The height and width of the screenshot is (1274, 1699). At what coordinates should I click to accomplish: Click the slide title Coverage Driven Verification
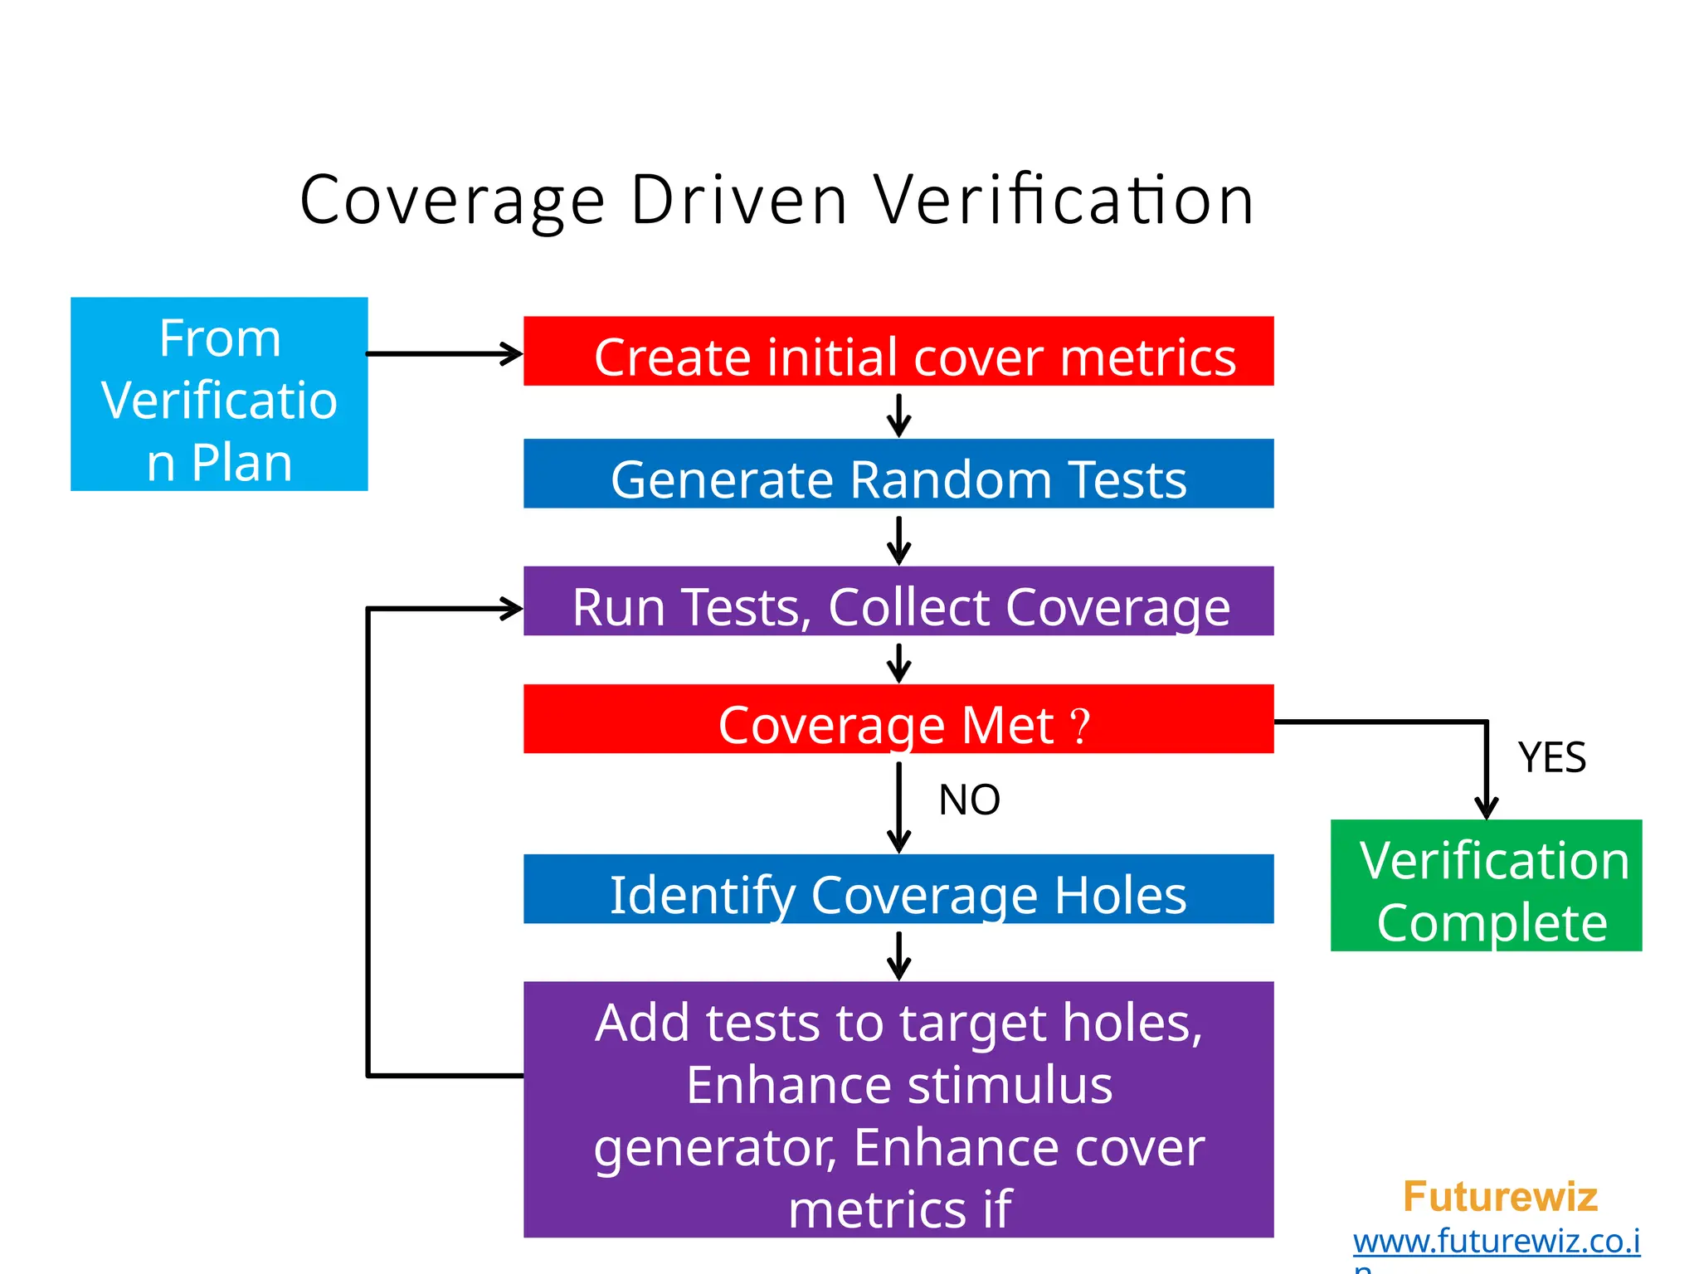[x=776, y=200]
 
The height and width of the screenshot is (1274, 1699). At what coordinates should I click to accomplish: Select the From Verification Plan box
[x=219, y=394]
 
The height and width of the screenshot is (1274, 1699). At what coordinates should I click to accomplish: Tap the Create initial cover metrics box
[x=898, y=351]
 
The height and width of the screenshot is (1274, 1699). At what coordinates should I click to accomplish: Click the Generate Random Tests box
[x=898, y=474]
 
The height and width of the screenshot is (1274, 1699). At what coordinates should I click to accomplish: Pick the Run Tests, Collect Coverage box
[x=898, y=601]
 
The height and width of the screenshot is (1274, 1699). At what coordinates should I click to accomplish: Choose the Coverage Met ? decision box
[x=898, y=719]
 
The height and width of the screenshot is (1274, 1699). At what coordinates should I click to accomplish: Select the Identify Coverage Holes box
[x=898, y=889]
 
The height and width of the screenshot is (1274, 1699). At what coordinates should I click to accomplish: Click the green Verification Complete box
[x=1486, y=886]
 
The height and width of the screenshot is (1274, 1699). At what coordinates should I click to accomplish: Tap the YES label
[x=1551, y=757]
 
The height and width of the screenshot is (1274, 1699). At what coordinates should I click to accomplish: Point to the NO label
[x=969, y=800]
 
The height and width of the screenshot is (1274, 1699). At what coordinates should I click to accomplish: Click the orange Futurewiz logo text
[x=1500, y=1197]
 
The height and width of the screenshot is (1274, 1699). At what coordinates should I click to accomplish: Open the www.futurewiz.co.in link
[x=1497, y=1242]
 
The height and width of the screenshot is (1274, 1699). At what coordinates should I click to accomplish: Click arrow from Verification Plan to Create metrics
[x=444, y=354]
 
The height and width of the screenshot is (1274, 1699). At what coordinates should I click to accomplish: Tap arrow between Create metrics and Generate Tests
[x=898, y=415]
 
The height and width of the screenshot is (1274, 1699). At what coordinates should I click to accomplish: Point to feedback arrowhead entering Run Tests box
[x=510, y=609]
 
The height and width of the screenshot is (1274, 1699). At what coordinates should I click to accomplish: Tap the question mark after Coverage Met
[x=1079, y=726]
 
